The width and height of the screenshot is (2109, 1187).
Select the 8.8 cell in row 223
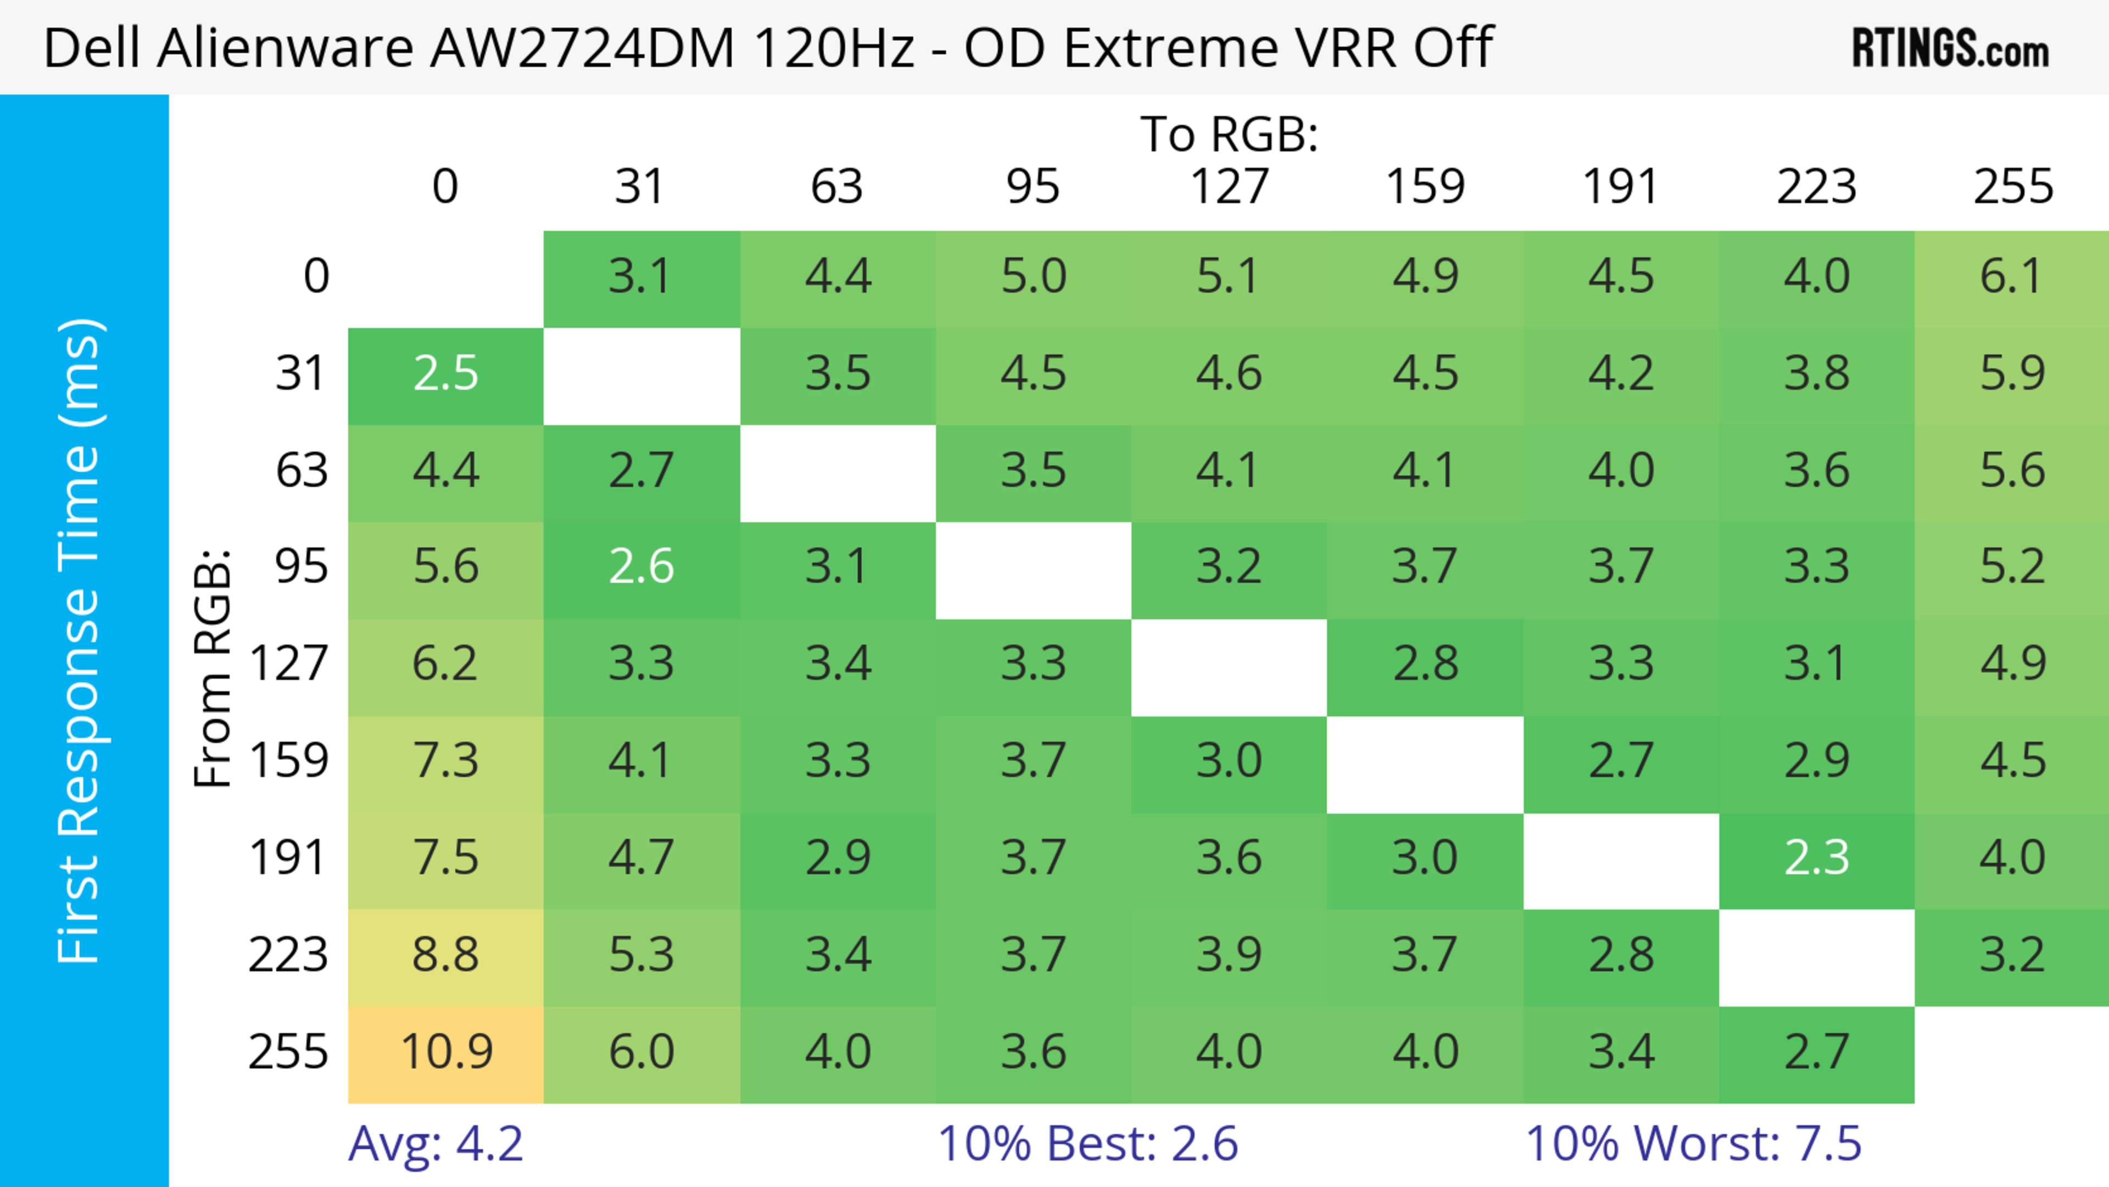tap(446, 955)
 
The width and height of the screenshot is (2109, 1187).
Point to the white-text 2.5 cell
tap(446, 374)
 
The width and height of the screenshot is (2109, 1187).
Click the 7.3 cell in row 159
tap(446, 761)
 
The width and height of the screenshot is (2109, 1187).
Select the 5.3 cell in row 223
tap(641, 955)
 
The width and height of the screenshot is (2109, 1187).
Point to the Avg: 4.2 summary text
tap(436, 1144)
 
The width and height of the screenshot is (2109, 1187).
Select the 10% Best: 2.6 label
tap(1087, 1144)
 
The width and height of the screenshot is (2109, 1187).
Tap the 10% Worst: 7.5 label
tap(1693, 1144)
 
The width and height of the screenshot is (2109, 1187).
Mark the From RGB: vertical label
tap(213, 667)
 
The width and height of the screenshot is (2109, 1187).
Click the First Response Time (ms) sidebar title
tap(80, 640)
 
